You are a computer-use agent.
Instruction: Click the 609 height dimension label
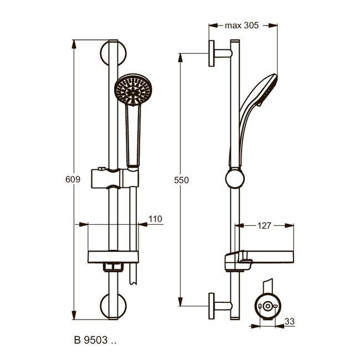[x=73, y=179]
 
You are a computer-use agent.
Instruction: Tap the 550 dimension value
[x=181, y=180]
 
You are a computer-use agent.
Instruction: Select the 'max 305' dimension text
[x=242, y=25]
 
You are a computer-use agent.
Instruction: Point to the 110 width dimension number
[x=156, y=219]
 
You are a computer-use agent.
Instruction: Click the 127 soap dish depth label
[x=264, y=225]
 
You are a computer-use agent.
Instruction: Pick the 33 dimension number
[x=290, y=321]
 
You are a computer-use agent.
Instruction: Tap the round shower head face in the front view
[x=133, y=90]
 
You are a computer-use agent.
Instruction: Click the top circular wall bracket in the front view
[x=113, y=53]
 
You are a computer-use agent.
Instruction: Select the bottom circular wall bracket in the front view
[x=113, y=306]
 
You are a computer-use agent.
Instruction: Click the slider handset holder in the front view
[x=115, y=178]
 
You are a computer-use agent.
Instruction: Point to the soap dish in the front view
[x=113, y=257]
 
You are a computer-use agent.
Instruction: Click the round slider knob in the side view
[x=235, y=178]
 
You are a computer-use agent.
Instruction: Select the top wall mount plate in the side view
[x=212, y=54]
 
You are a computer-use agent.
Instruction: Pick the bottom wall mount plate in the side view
[x=212, y=306]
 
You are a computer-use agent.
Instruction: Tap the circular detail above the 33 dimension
[x=268, y=306]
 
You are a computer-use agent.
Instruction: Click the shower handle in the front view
[x=133, y=136]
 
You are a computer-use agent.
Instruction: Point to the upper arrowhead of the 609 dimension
[x=74, y=44]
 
